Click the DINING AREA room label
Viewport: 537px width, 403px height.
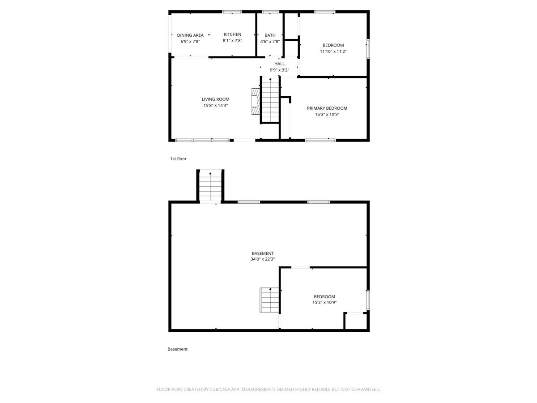coord(190,35)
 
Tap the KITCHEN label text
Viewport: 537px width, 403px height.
coord(232,34)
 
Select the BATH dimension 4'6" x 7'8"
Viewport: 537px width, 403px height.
coord(270,41)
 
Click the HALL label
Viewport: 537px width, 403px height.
coord(279,64)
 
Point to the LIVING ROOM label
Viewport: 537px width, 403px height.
coord(215,99)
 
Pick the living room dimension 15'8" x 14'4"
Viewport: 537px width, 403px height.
coord(215,105)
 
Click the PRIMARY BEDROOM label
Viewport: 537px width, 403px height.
coord(327,108)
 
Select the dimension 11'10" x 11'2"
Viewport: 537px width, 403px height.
coord(333,51)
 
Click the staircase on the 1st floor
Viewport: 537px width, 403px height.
coord(270,99)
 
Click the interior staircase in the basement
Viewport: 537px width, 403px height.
coord(269,300)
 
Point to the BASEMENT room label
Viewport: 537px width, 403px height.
coord(262,253)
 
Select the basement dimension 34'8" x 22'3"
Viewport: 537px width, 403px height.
coord(262,259)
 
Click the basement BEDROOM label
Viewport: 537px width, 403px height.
coord(324,296)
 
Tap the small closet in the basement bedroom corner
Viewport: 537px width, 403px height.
coord(355,321)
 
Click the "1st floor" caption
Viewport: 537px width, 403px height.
coord(178,159)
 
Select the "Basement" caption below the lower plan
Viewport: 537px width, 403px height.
coord(177,349)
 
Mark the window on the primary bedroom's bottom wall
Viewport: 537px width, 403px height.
coord(320,140)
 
